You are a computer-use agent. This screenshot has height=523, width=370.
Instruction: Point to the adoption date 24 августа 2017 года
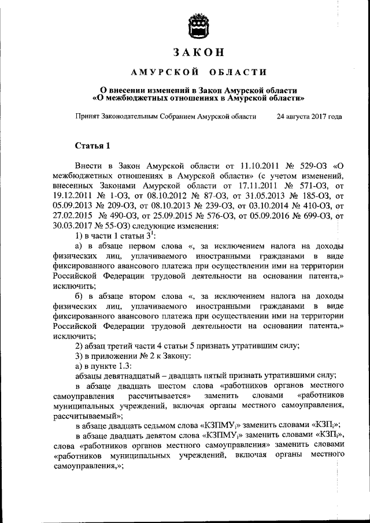click(x=309, y=116)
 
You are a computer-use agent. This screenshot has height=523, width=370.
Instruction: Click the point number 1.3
click(x=124, y=365)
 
